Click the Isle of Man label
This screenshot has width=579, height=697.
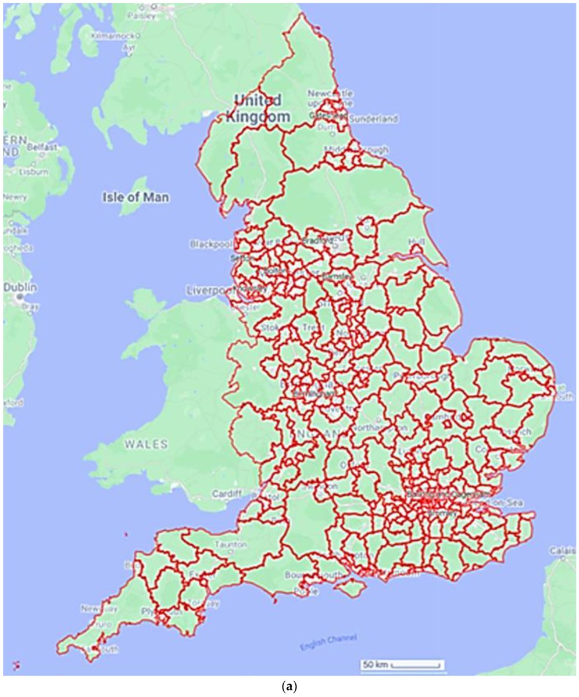pos(135,197)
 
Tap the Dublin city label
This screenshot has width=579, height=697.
pos(20,288)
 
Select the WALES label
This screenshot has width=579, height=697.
pos(146,444)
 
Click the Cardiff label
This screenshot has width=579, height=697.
pos(226,494)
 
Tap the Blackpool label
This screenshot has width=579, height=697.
pos(210,245)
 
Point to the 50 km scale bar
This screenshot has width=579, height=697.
pos(402,664)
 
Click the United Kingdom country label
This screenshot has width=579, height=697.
pos(262,108)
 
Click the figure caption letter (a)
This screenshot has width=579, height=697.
pos(289,687)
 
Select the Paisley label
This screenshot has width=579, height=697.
pos(144,16)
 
